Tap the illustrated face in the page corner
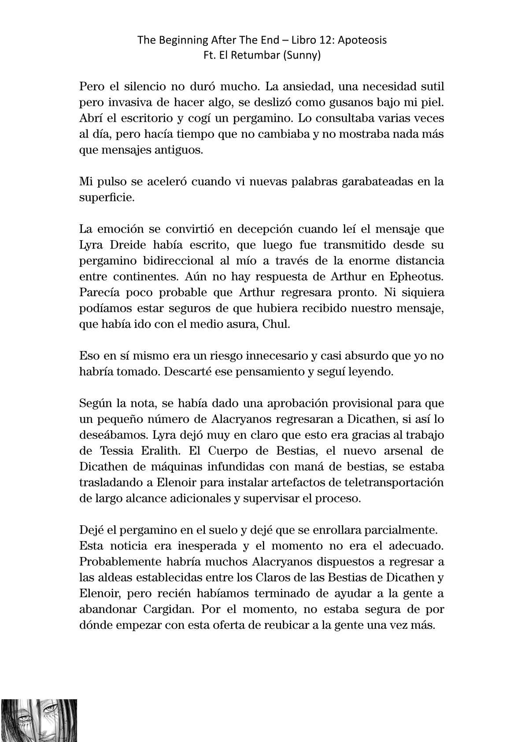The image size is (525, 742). (39, 720)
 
